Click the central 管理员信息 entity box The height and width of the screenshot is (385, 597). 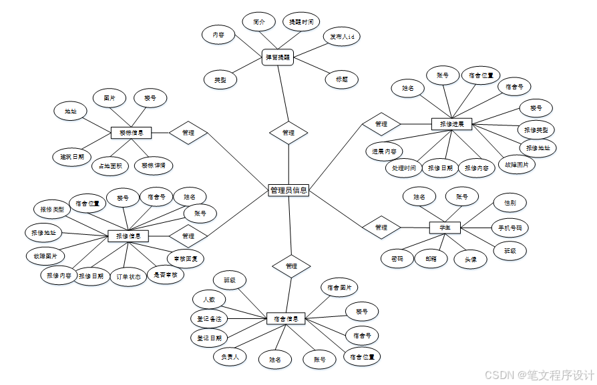pos(288,190)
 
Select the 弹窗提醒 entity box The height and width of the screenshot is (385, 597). pos(278,57)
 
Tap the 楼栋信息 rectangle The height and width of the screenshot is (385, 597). pos(131,133)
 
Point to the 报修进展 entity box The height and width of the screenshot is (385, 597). pos(451,123)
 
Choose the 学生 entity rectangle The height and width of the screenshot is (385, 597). pos(445,228)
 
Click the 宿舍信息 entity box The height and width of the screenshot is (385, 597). pos(286,319)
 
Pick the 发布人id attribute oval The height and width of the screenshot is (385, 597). pos(341,36)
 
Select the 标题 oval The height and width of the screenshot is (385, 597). pos(341,79)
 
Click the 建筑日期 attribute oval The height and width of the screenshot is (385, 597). pos(71,157)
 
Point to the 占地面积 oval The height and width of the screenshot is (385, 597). pos(110,166)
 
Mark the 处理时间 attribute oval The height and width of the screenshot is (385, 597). pos(404,168)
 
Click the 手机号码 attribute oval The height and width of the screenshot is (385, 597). pos(510,228)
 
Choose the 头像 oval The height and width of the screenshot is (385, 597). pos(469,260)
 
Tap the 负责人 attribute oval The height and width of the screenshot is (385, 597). pos(230,357)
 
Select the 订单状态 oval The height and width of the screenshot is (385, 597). pos(128,276)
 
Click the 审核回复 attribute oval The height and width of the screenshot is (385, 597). pos(185,258)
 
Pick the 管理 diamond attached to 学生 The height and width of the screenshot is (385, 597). pos(381,228)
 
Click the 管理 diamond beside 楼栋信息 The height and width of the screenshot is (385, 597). pos(188,133)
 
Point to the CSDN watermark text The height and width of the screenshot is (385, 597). pos(540,374)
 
